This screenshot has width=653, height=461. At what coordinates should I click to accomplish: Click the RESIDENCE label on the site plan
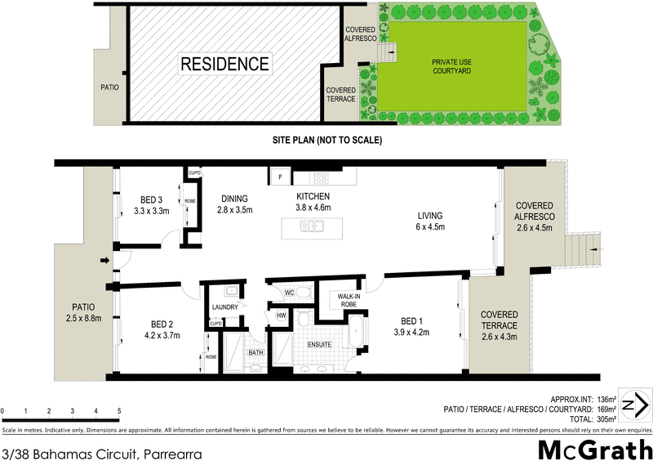tap(224, 63)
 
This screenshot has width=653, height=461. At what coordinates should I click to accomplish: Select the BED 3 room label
tap(150, 199)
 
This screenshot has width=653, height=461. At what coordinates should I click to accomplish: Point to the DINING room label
tap(235, 198)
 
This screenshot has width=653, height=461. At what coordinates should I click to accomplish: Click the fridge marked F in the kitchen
tap(280, 177)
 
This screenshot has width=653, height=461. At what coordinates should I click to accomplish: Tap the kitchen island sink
tap(311, 228)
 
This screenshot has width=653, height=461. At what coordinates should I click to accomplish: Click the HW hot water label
tap(281, 316)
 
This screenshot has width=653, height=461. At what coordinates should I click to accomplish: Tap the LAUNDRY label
tap(224, 307)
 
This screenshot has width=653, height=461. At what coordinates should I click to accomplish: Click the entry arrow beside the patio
tap(104, 262)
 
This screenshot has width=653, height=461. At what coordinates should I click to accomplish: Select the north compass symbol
tap(633, 404)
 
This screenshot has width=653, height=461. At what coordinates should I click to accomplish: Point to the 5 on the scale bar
tap(119, 410)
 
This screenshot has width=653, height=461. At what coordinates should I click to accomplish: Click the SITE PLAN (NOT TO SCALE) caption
tap(327, 141)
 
